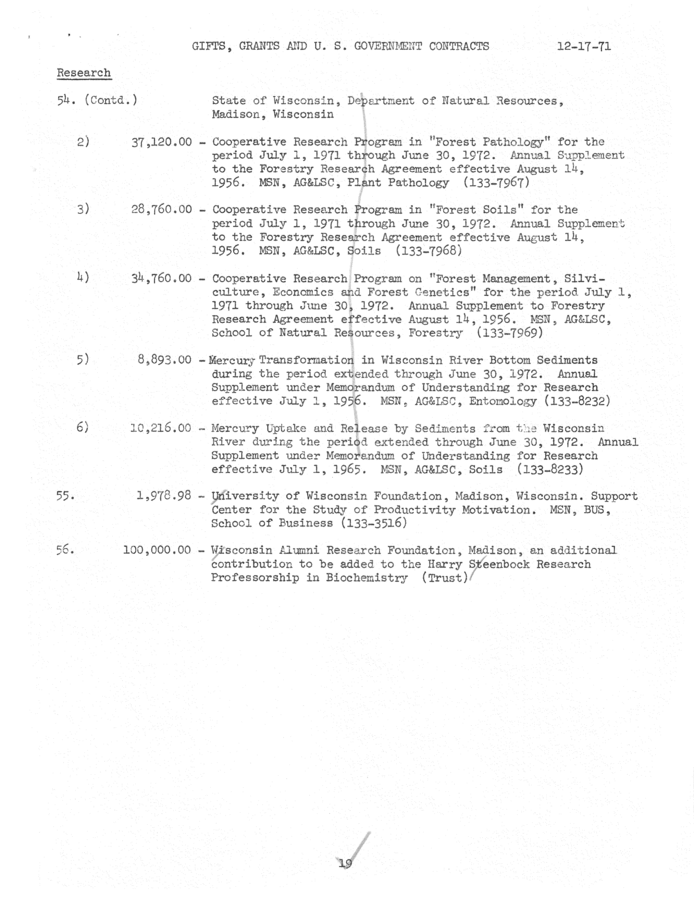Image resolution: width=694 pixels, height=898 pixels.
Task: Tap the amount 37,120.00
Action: click(162, 142)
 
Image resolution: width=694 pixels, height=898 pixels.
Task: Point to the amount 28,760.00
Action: click(162, 210)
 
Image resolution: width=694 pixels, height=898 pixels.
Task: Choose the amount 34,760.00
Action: click(162, 278)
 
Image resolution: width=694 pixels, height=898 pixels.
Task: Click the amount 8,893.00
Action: click(164, 360)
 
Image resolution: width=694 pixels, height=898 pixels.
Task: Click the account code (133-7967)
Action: click(496, 183)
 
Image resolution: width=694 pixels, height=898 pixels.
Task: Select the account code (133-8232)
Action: click(577, 401)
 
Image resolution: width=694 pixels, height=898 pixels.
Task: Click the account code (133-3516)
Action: click(374, 523)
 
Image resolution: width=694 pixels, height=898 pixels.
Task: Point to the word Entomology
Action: click(503, 401)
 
